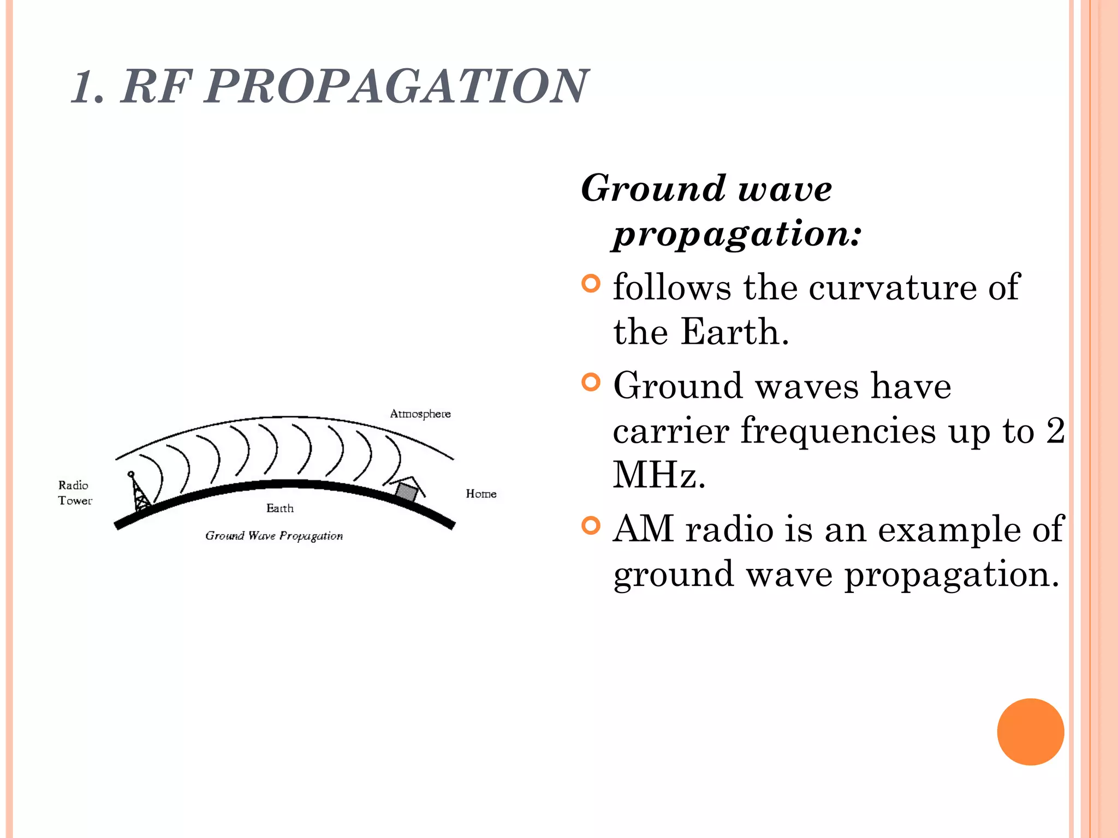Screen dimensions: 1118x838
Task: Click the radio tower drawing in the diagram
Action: [140, 492]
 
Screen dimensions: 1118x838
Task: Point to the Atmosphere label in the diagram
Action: [420, 414]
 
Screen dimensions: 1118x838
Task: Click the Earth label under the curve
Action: [279, 508]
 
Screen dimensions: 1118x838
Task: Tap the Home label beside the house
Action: [481, 494]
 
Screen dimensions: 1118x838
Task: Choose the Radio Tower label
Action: [75, 493]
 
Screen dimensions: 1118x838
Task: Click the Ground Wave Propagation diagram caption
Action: [274, 536]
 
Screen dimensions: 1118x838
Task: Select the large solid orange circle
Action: [1030, 732]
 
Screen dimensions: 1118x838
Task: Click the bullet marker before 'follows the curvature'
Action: [591, 284]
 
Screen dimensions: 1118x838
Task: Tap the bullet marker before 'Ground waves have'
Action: [591, 382]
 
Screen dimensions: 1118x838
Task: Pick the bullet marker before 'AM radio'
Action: [591, 525]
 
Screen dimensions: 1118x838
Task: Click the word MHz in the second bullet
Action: [659, 475]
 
